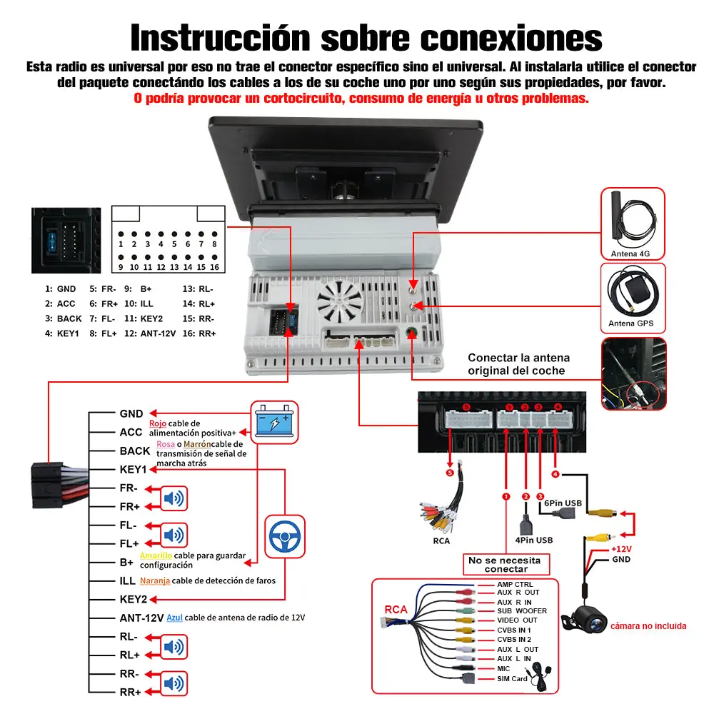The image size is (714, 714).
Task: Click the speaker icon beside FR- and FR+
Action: pos(174,498)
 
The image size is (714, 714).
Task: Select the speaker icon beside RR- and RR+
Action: pos(174,683)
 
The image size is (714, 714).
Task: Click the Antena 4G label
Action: pos(631,253)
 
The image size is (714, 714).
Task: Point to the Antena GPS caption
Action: pos(631,323)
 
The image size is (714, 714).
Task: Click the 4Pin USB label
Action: pos(533,540)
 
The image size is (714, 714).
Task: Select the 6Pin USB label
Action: pos(563,503)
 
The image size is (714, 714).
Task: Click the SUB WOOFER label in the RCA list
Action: pos(522,610)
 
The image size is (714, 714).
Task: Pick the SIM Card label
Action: pos(512,678)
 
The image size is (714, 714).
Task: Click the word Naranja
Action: pos(155,580)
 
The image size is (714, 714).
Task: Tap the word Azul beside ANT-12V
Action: pos(174,618)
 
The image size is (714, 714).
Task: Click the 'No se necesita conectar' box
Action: pos(506,565)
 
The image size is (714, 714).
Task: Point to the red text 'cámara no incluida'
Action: pos(648,626)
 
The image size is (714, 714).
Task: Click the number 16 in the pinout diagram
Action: pos(214,267)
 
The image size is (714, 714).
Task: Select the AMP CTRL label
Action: pos(515,585)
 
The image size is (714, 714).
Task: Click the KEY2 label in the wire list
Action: pos(133,599)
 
